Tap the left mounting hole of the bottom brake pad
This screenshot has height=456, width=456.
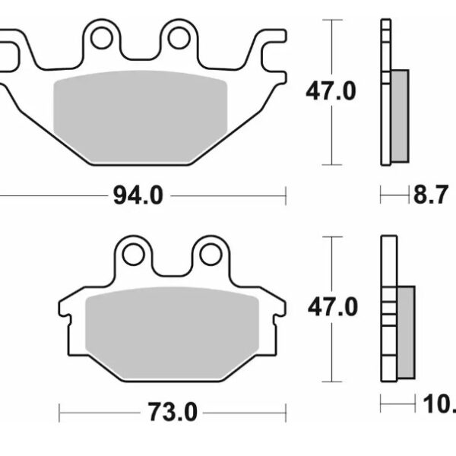tap(133, 254)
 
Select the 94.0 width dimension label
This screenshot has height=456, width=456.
tap(138, 196)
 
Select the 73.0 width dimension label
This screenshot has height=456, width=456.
tap(172, 413)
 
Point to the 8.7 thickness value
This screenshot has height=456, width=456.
tap(429, 197)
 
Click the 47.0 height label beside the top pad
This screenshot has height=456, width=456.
tap(331, 92)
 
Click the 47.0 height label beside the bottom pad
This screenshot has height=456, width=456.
tap(331, 308)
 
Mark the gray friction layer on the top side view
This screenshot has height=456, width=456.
tap(399, 115)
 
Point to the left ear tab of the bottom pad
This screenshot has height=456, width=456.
tap(67, 309)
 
